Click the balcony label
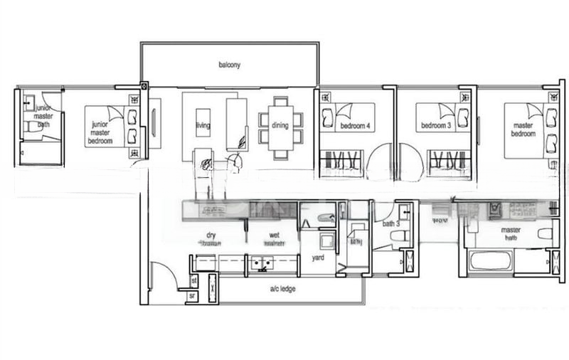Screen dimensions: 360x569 229,65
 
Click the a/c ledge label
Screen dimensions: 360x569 282,288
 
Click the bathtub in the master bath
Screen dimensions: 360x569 491,260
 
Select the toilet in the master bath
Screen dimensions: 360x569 545,233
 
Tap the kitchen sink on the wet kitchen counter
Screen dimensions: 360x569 261,264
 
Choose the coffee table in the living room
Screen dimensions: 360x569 203,122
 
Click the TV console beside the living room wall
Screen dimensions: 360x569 154,123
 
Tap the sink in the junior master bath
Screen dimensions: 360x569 29,102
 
